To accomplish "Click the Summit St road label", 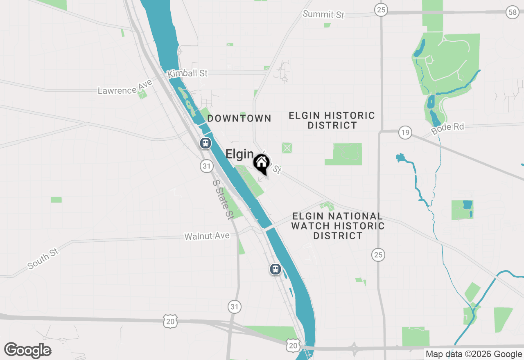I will point(323,14).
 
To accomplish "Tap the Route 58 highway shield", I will point(512,12).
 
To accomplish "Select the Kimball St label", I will point(188,74).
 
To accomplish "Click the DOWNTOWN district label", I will point(239,119).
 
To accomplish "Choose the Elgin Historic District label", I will point(332,120).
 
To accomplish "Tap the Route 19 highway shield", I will point(405,133).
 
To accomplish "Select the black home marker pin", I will point(261,164).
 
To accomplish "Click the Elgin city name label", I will point(239,154).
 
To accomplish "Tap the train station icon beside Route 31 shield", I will point(205,144).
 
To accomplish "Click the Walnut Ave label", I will point(207,236).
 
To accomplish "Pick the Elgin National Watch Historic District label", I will point(338,226).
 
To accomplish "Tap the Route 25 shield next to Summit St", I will point(381,10).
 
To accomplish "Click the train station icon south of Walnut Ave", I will point(276,269).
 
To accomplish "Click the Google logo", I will point(28,350).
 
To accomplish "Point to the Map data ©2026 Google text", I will point(474,354).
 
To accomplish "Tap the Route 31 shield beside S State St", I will point(207,166).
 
